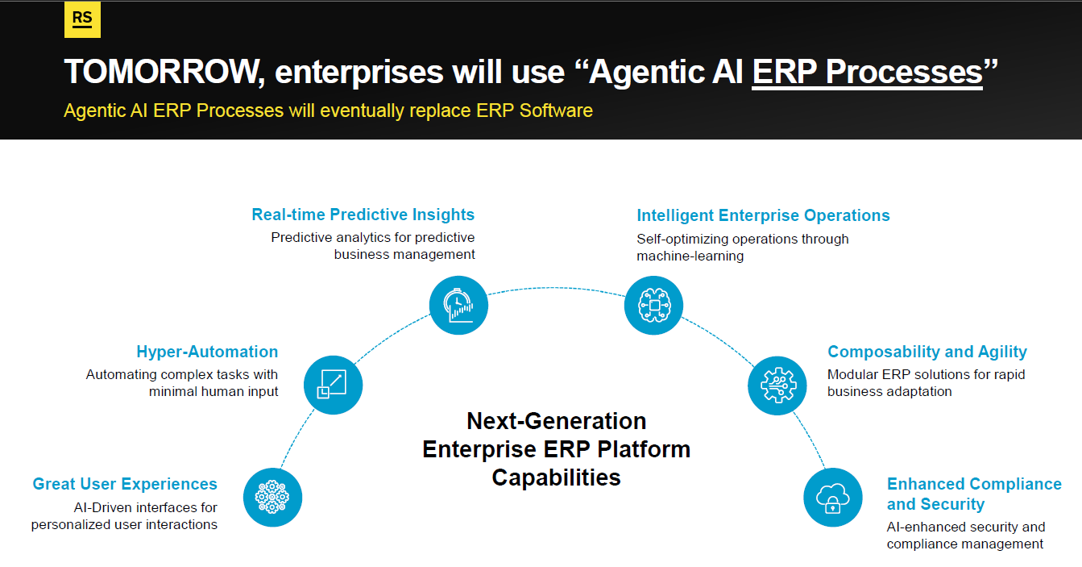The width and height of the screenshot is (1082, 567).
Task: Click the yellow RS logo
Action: pyautogui.click(x=83, y=19)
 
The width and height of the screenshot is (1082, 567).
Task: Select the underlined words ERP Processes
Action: pyautogui.click(x=867, y=73)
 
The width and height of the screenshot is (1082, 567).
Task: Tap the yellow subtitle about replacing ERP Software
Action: pyautogui.click(x=328, y=110)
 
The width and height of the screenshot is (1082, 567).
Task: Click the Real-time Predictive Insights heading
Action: pyautogui.click(x=363, y=215)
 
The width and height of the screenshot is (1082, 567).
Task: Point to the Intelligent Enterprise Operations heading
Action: pyautogui.click(x=763, y=215)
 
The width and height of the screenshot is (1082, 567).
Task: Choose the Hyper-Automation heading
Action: pyautogui.click(x=207, y=352)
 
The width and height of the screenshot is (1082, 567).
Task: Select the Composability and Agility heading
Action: pyautogui.click(x=927, y=352)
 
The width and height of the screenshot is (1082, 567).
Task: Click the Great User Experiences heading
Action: pyautogui.click(x=125, y=484)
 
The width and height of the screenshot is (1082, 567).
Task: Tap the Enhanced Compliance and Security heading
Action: pyautogui.click(x=974, y=494)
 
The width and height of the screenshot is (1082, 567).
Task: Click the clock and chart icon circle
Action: pyautogui.click(x=458, y=305)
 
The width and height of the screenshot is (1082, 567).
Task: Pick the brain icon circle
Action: pyautogui.click(x=653, y=305)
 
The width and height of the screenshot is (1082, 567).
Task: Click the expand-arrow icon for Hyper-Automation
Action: pyautogui.click(x=333, y=385)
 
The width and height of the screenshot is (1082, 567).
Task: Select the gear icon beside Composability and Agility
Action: pyautogui.click(x=777, y=386)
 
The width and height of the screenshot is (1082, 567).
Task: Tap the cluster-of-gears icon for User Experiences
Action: pyautogui.click(x=272, y=498)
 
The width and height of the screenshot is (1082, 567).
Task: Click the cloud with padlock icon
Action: pyautogui.click(x=833, y=498)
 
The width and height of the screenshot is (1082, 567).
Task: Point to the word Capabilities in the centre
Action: pyautogui.click(x=556, y=478)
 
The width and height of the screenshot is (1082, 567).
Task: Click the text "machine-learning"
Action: pyautogui.click(x=690, y=256)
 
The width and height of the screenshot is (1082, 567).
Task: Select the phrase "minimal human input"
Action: pyautogui.click(x=213, y=391)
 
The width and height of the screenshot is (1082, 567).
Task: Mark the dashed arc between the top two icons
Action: pyautogui.click(x=555, y=288)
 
